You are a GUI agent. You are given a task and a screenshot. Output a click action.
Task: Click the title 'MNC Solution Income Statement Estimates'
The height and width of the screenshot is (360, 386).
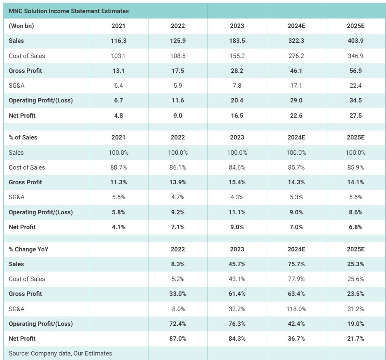69,11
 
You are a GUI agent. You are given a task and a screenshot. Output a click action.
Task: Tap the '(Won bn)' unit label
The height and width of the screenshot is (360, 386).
21,26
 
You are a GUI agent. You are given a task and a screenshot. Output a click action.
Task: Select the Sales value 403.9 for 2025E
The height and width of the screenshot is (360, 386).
356,41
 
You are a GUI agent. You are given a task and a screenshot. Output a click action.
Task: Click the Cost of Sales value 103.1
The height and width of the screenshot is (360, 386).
119,56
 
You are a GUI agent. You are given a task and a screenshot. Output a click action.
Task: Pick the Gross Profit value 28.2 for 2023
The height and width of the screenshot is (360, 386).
237,71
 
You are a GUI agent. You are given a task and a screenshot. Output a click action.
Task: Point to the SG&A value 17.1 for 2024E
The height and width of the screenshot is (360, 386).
296,86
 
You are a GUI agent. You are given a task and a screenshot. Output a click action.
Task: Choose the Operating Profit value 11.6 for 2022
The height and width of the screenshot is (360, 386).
178,100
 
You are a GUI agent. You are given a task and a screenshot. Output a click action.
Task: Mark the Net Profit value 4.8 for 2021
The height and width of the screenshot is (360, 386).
119,116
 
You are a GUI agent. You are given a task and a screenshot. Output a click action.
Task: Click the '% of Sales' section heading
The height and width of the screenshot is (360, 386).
23,137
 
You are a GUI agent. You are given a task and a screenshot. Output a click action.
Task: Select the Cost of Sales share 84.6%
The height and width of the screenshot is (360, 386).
237,167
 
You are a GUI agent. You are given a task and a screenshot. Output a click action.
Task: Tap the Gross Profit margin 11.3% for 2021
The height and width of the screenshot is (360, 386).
119,182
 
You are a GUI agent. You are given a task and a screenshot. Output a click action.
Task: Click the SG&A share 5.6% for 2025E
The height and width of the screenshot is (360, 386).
356,197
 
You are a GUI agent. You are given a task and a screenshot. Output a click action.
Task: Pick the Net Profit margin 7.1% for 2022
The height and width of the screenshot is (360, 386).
178,227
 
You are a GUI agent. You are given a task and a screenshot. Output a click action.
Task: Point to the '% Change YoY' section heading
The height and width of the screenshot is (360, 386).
29,249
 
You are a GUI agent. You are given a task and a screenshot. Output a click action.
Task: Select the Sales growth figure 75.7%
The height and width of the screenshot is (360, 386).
296,264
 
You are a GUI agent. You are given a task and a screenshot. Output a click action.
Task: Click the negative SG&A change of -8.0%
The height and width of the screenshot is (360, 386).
178,309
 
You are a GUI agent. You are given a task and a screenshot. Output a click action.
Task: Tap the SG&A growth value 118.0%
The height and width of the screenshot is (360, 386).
296,309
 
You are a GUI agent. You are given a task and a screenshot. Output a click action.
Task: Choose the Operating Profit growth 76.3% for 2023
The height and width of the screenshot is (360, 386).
237,324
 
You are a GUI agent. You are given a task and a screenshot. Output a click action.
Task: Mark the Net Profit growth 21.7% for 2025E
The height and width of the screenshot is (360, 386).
356,339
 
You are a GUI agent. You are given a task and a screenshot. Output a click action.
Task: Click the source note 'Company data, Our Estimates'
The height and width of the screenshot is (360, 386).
60,353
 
